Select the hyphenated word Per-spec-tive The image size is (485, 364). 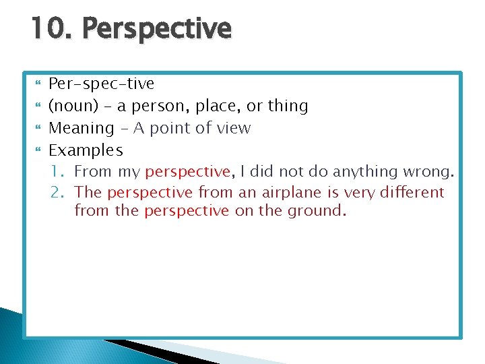102,84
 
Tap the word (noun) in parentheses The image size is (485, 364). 71,106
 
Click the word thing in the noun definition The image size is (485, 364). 286,106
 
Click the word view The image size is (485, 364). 232,128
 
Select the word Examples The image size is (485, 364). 86,150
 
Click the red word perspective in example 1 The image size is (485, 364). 187,172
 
